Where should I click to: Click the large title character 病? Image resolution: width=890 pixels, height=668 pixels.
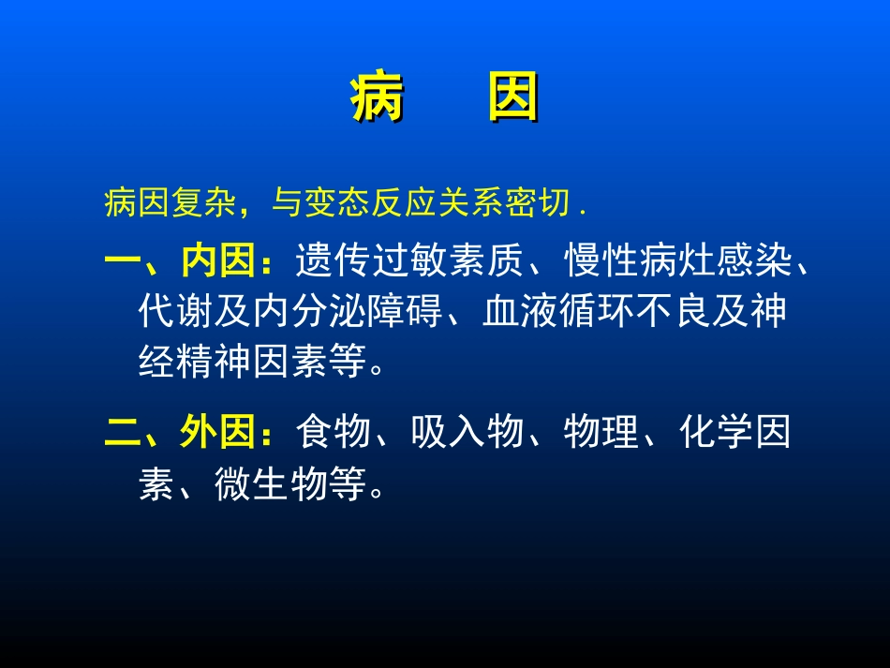377,98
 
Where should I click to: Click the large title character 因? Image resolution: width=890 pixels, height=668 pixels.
513,98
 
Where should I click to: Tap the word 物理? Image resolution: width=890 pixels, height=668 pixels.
602,434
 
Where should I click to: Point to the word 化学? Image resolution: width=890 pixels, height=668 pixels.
717,434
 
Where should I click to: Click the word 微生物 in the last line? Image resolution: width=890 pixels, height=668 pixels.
270,485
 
